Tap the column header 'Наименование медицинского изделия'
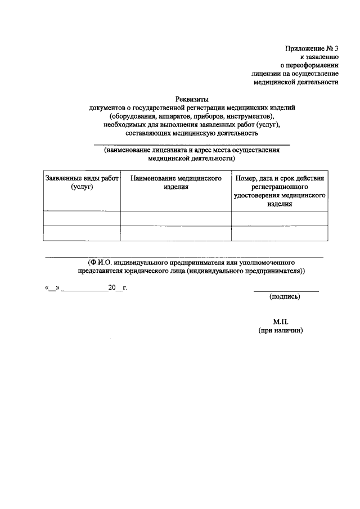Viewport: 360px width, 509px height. (x=175, y=183)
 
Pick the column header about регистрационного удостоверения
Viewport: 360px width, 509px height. (x=280, y=191)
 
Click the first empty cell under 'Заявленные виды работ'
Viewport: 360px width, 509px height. (x=82, y=218)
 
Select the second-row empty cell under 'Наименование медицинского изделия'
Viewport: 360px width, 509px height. (x=175, y=233)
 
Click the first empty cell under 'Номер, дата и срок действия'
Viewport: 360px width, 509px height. (x=280, y=218)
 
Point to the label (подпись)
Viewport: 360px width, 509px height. (x=285, y=296)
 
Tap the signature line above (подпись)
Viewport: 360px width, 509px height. (x=286, y=291)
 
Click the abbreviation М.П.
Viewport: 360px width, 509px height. (x=281, y=322)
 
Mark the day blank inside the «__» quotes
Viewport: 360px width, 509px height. (x=52, y=289)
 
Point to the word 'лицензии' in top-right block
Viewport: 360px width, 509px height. (x=265, y=73)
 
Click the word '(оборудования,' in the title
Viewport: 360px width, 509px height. (x=134, y=116)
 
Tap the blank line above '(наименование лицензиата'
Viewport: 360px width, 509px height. (x=191, y=144)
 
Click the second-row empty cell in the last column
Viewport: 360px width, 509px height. (x=280, y=233)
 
